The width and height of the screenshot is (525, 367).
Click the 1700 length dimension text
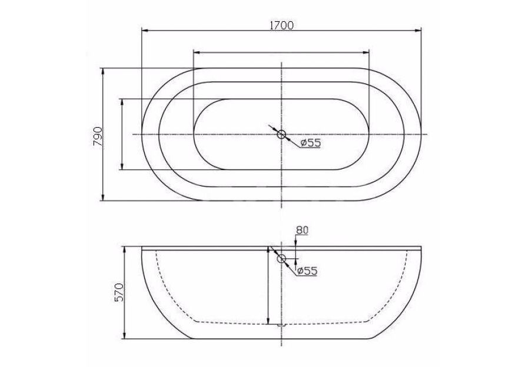(281, 25)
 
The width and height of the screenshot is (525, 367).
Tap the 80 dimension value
(302, 231)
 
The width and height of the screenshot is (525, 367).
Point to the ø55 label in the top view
(310, 143)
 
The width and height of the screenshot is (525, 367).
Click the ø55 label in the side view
(307, 271)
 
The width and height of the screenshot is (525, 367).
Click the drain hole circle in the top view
(281, 135)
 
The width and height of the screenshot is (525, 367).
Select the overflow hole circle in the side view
(281, 258)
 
